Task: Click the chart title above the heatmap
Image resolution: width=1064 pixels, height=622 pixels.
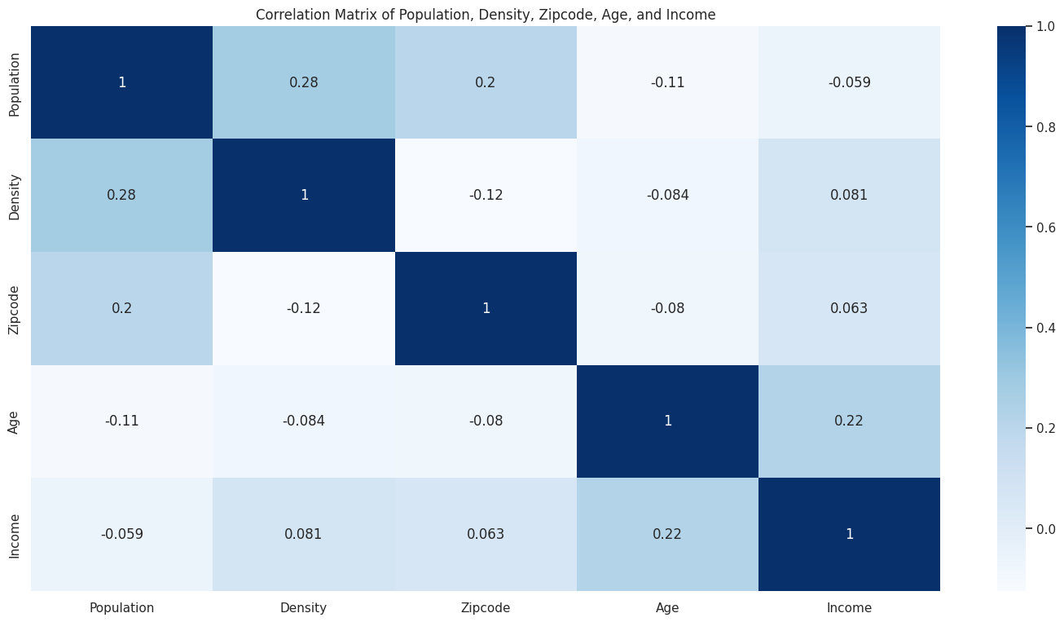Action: [486, 15]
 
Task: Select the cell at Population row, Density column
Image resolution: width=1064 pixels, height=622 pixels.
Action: [304, 82]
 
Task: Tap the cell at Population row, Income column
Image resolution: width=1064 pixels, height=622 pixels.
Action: [849, 82]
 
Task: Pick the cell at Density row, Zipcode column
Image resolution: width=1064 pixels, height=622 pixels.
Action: [486, 195]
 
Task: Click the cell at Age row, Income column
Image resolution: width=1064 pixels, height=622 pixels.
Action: [849, 421]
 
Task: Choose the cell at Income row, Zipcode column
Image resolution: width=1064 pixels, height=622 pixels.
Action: [486, 534]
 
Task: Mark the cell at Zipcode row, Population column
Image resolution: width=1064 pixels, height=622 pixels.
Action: [122, 308]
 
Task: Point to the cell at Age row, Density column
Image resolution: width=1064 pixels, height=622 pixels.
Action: [304, 421]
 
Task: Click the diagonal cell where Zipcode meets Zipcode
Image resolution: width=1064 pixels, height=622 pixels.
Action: [486, 308]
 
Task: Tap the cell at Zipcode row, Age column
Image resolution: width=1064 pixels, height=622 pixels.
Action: [667, 308]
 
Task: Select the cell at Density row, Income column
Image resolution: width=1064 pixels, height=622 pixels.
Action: [849, 195]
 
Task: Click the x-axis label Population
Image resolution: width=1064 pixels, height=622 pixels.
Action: [122, 607]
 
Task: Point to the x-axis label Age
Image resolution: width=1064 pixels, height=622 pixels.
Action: [667, 607]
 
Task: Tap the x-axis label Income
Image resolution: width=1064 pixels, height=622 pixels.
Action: [849, 607]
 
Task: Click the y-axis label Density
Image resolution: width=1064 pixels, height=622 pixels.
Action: [15, 195]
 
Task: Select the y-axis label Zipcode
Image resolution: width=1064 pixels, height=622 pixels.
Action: [15, 308]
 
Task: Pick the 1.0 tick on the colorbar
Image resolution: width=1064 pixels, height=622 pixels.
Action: [1046, 26]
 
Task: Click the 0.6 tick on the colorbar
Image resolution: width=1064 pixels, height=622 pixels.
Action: [1046, 227]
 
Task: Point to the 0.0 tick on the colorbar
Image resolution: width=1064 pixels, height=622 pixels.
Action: [1046, 529]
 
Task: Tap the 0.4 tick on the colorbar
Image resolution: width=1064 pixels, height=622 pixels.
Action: [1046, 328]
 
